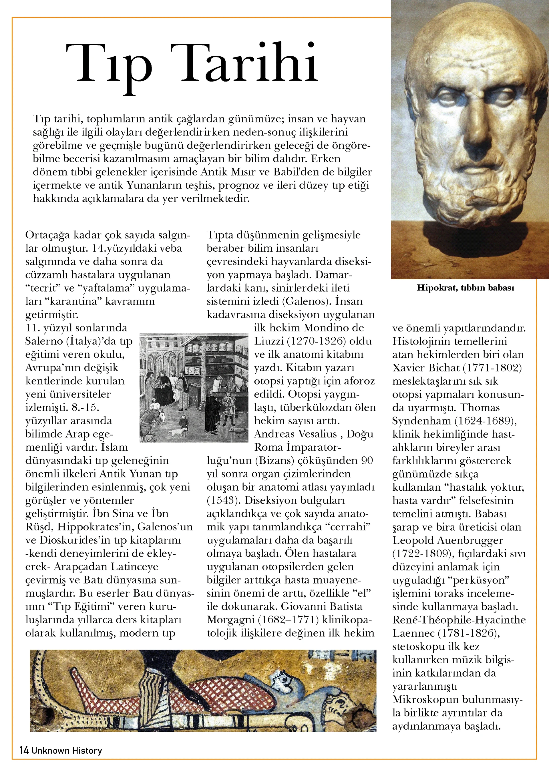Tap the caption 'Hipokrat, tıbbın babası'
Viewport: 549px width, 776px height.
tap(465, 288)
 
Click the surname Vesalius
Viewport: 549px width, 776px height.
tap(312, 434)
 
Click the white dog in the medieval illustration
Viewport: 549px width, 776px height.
tap(177, 432)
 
